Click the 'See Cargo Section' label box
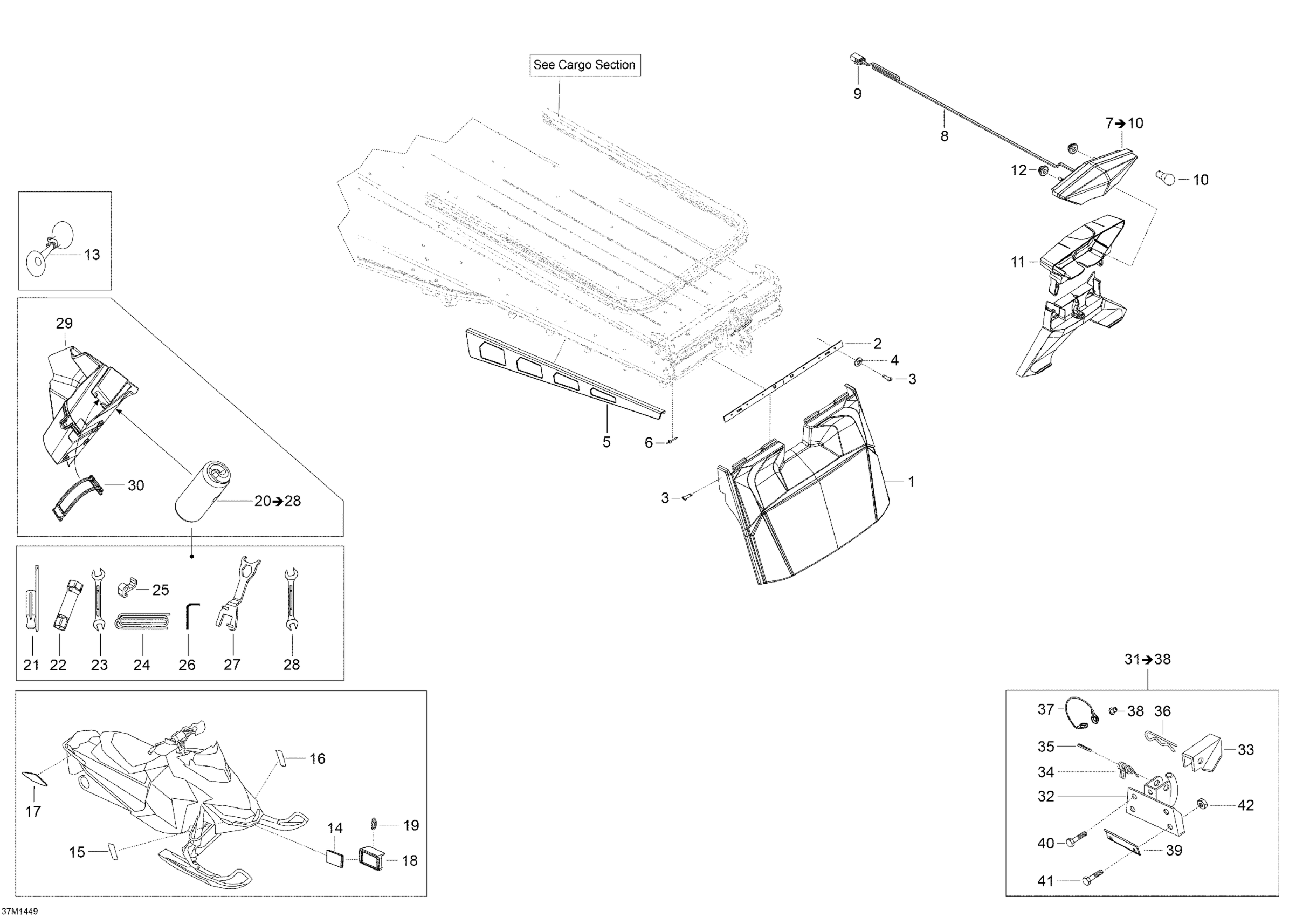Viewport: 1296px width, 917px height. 585,65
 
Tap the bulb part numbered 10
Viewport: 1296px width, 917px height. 1166,178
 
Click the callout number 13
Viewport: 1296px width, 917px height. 92,255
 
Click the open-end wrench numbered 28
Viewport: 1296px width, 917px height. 292,599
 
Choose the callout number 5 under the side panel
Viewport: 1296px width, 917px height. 606,442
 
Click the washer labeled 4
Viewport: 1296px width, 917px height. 858,360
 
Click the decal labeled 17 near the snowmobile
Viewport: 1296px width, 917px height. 35,778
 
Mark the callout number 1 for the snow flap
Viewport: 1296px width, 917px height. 911,482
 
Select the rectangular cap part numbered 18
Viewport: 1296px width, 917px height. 371,859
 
